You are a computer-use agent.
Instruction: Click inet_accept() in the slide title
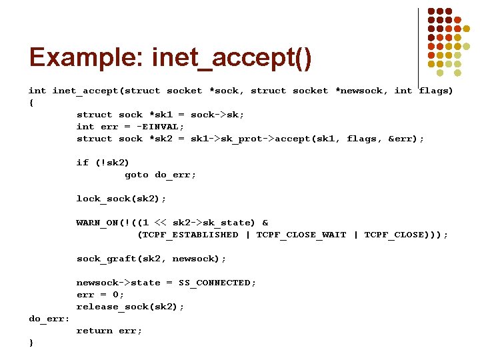(231, 59)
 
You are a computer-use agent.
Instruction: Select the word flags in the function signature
(435, 91)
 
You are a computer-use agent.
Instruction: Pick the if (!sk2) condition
(103, 163)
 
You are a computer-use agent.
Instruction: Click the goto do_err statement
(160, 175)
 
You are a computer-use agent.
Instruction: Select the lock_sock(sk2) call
(121, 199)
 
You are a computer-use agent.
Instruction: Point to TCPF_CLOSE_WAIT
(301, 235)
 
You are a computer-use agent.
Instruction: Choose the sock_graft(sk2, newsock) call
(151, 259)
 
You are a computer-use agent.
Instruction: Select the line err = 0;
(100, 295)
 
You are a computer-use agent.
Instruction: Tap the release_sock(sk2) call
(130, 307)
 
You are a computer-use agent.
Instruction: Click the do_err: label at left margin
(49, 319)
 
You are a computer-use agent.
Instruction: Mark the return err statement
(109, 331)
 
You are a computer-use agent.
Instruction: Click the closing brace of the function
(31, 343)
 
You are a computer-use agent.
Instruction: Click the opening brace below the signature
(31, 103)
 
